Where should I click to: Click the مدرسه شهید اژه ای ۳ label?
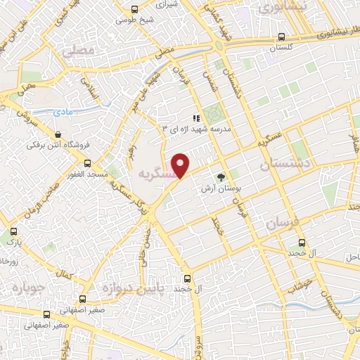pos(197,129)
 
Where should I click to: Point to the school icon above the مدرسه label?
pos(197,118)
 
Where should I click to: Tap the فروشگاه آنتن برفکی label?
pos(57,146)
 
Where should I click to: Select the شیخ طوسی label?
pos(135,20)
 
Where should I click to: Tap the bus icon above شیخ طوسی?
pos(135,8)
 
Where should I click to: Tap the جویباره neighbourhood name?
pos(27,287)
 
